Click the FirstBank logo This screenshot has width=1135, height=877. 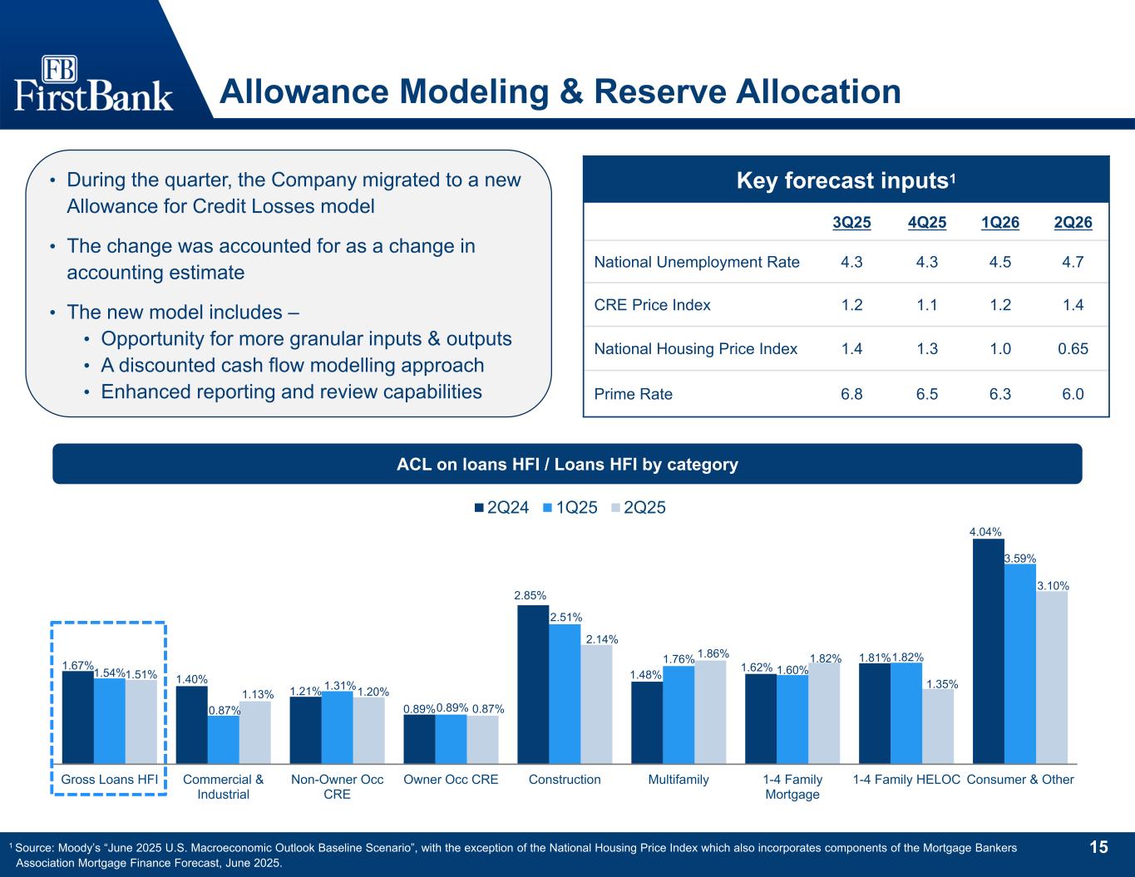click(93, 83)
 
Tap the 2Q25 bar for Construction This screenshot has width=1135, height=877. click(596, 704)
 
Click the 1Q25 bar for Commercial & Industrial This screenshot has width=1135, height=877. click(224, 739)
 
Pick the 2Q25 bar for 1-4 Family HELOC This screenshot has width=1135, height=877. click(938, 726)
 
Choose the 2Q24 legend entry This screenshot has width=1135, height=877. click(501, 508)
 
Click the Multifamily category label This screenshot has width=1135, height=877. click(679, 780)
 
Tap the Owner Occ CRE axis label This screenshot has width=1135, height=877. click(451, 780)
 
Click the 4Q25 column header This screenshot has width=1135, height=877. click(927, 223)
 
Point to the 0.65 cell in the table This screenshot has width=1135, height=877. click(1073, 349)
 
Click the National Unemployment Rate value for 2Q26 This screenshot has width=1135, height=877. click(1073, 263)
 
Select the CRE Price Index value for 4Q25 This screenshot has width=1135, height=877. click(927, 305)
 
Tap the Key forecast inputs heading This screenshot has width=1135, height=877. click(846, 180)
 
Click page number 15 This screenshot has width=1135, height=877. click(1098, 848)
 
